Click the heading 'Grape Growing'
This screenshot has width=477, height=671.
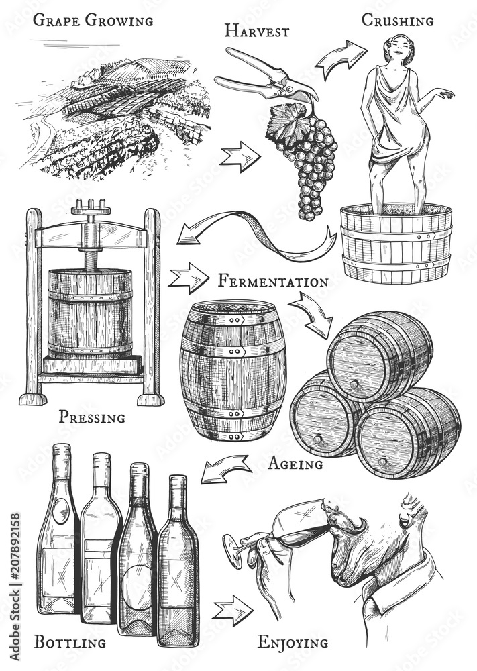[x=93, y=20]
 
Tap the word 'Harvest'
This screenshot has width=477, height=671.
[x=257, y=31]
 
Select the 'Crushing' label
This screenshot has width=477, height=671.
[x=397, y=21]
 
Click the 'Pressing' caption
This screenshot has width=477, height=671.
[x=92, y=417]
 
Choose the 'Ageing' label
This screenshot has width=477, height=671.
[x=295, y=463]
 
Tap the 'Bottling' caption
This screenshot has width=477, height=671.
[x=70, y=642]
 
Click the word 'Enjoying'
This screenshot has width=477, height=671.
[x=293, y=643]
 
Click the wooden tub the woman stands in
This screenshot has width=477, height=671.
[x=396, y=245]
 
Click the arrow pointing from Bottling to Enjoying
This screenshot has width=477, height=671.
[x=232, y=609]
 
